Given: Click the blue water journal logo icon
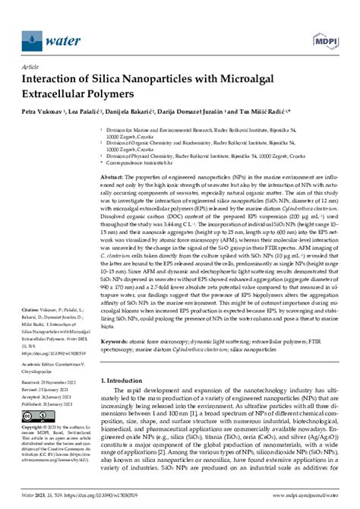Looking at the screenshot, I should click(x=32, y=36).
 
